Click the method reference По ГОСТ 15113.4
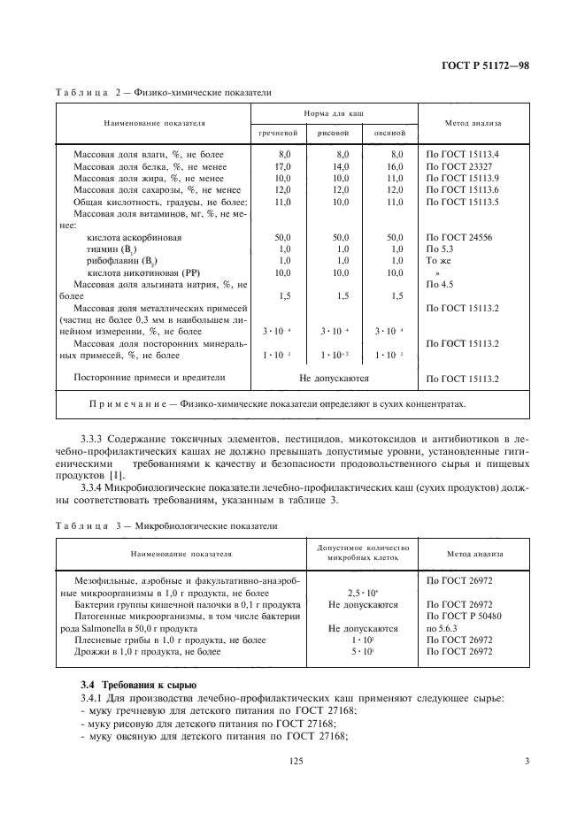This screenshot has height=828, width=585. (463, 154)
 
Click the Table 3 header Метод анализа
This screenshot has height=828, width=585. (474, 555)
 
